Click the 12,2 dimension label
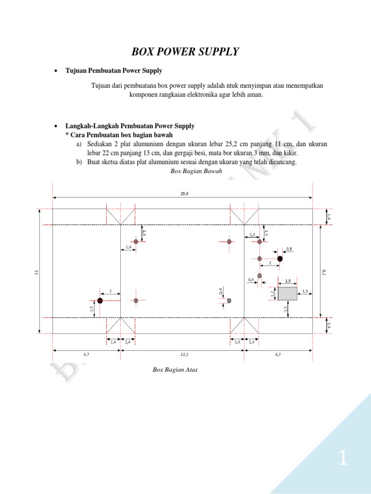point(184,354)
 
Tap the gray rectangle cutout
point(287,293)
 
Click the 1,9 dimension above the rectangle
point(287,281)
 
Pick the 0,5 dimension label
point(289,249)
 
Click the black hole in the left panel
point(100,301)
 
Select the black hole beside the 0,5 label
point(280,259)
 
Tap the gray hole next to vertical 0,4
point(229,301)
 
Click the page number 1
point(342,458)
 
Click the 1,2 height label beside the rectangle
point(272,293)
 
